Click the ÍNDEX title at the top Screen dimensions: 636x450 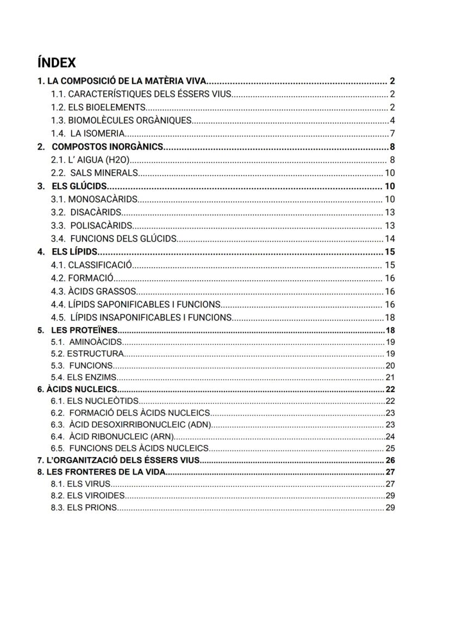click(57, 63)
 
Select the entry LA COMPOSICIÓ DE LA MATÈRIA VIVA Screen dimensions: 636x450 click(121, 81)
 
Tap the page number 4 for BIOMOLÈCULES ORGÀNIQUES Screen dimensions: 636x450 click(392, 120)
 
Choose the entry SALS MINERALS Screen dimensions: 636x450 click(95, 173)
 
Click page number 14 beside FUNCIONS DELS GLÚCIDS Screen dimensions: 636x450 click(390, 238)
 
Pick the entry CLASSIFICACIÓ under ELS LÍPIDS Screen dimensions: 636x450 click(91, 265)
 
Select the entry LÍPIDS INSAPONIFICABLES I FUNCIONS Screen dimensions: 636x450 click(141, 317)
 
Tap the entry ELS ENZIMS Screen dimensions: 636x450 click(84, 377)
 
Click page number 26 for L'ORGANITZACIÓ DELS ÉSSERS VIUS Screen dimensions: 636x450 click(390, 460)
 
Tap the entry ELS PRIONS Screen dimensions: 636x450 click(84, 507)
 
